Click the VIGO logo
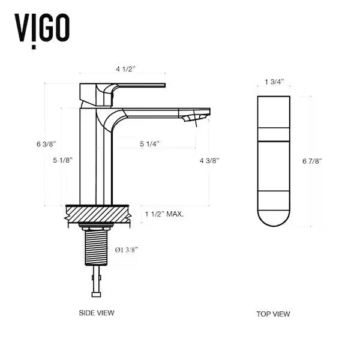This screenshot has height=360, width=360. click(41, 27)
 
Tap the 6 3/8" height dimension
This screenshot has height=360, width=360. click(46, 144)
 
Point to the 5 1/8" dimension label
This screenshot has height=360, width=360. click(63, 160)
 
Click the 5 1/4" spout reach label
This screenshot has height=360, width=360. click(149, 144)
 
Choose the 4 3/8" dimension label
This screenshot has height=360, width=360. click(209, 160)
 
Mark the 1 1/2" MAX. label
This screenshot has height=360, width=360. click(164, 214)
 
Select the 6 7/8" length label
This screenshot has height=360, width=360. click(313, 161)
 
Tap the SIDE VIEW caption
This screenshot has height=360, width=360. click(97, 313)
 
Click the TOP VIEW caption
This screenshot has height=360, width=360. click(273, 314)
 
